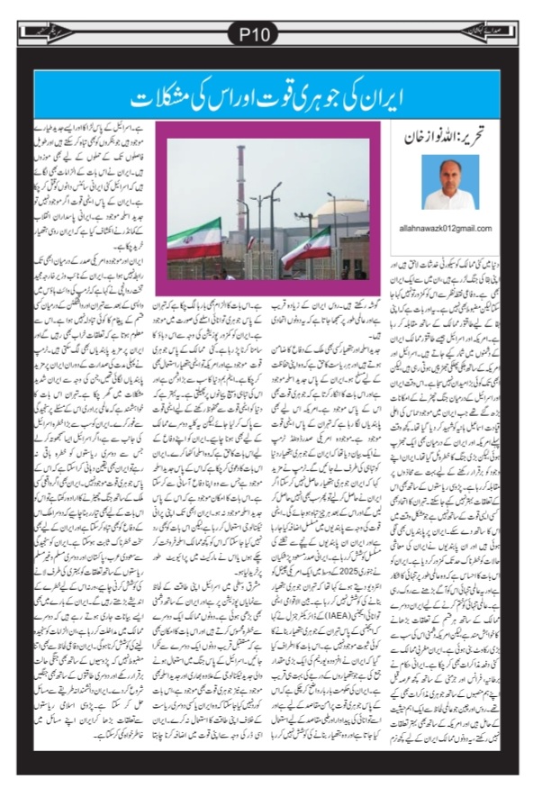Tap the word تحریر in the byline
click(x=481, y=139)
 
